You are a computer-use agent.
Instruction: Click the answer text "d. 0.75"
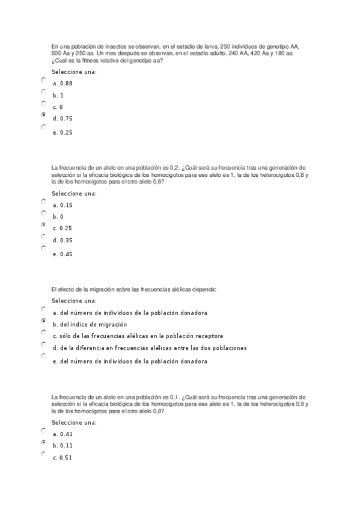[x=63, y=118]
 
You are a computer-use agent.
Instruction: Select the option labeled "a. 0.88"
[x=63, y=84]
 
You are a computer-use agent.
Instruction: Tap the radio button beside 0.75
[x=43, y=115]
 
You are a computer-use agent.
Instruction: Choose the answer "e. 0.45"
[x=63, y=254]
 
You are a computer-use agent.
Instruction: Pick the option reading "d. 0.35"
[x=63, y=240]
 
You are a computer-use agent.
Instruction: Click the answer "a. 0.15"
[x=63, y=205]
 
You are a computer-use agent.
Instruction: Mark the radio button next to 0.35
[x=43, y=236]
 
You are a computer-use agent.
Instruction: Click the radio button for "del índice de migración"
[x=43, y=321]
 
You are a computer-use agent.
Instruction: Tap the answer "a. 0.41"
[x=63, y=434]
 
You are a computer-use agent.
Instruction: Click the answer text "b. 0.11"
[x=63, y=446]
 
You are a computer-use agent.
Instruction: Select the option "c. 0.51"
[x=63, y=458]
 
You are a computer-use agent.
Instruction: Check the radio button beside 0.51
[x=43, y=454]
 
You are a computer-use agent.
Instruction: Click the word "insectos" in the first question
[x=97, y=46]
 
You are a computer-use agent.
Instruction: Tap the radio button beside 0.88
[x=43, y=80]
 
